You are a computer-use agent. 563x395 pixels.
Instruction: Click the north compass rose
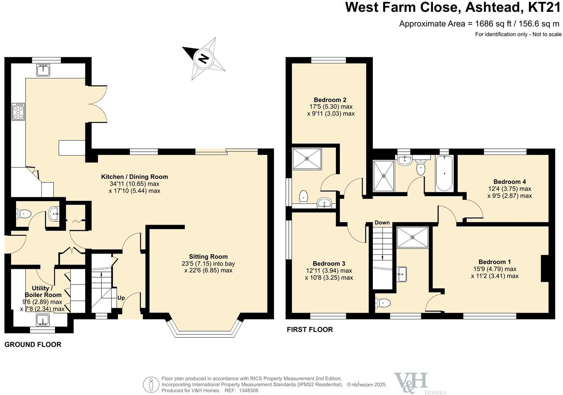(x=204, y=59)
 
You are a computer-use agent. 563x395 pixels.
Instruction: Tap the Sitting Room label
(x=208, y=257)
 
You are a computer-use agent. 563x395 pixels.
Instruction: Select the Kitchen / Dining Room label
(x=134, y=177)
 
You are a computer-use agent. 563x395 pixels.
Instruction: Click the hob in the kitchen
(x=18, y=112)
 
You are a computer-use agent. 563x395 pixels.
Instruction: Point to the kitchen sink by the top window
(x=43, y=70)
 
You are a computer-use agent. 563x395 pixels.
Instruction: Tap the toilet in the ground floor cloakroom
(x=23, y=213)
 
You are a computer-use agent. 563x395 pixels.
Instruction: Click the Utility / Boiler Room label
(x=43, y=291)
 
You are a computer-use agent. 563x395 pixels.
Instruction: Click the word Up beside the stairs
(x=121, y=298)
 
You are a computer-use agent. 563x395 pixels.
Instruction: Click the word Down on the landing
(x=382, y=223)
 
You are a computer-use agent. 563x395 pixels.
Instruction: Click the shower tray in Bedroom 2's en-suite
(x=307, y=159)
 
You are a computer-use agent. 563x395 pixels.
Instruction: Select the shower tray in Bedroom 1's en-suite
(x=413, y=237)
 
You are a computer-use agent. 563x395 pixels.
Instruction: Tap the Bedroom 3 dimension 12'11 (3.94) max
(x=329, y=271)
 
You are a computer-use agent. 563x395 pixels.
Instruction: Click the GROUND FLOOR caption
(x=33, y=345)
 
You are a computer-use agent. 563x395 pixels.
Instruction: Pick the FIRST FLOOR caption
(x=310, y=330)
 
